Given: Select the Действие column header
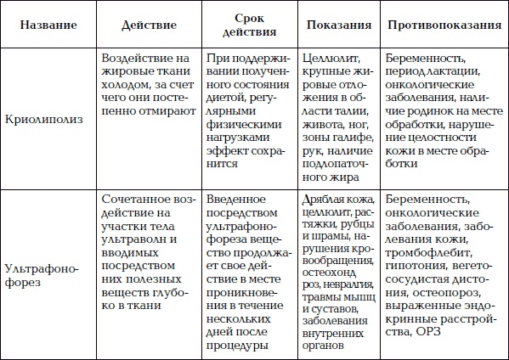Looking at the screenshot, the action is [149, 25].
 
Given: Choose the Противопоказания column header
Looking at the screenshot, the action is [443, 25].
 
